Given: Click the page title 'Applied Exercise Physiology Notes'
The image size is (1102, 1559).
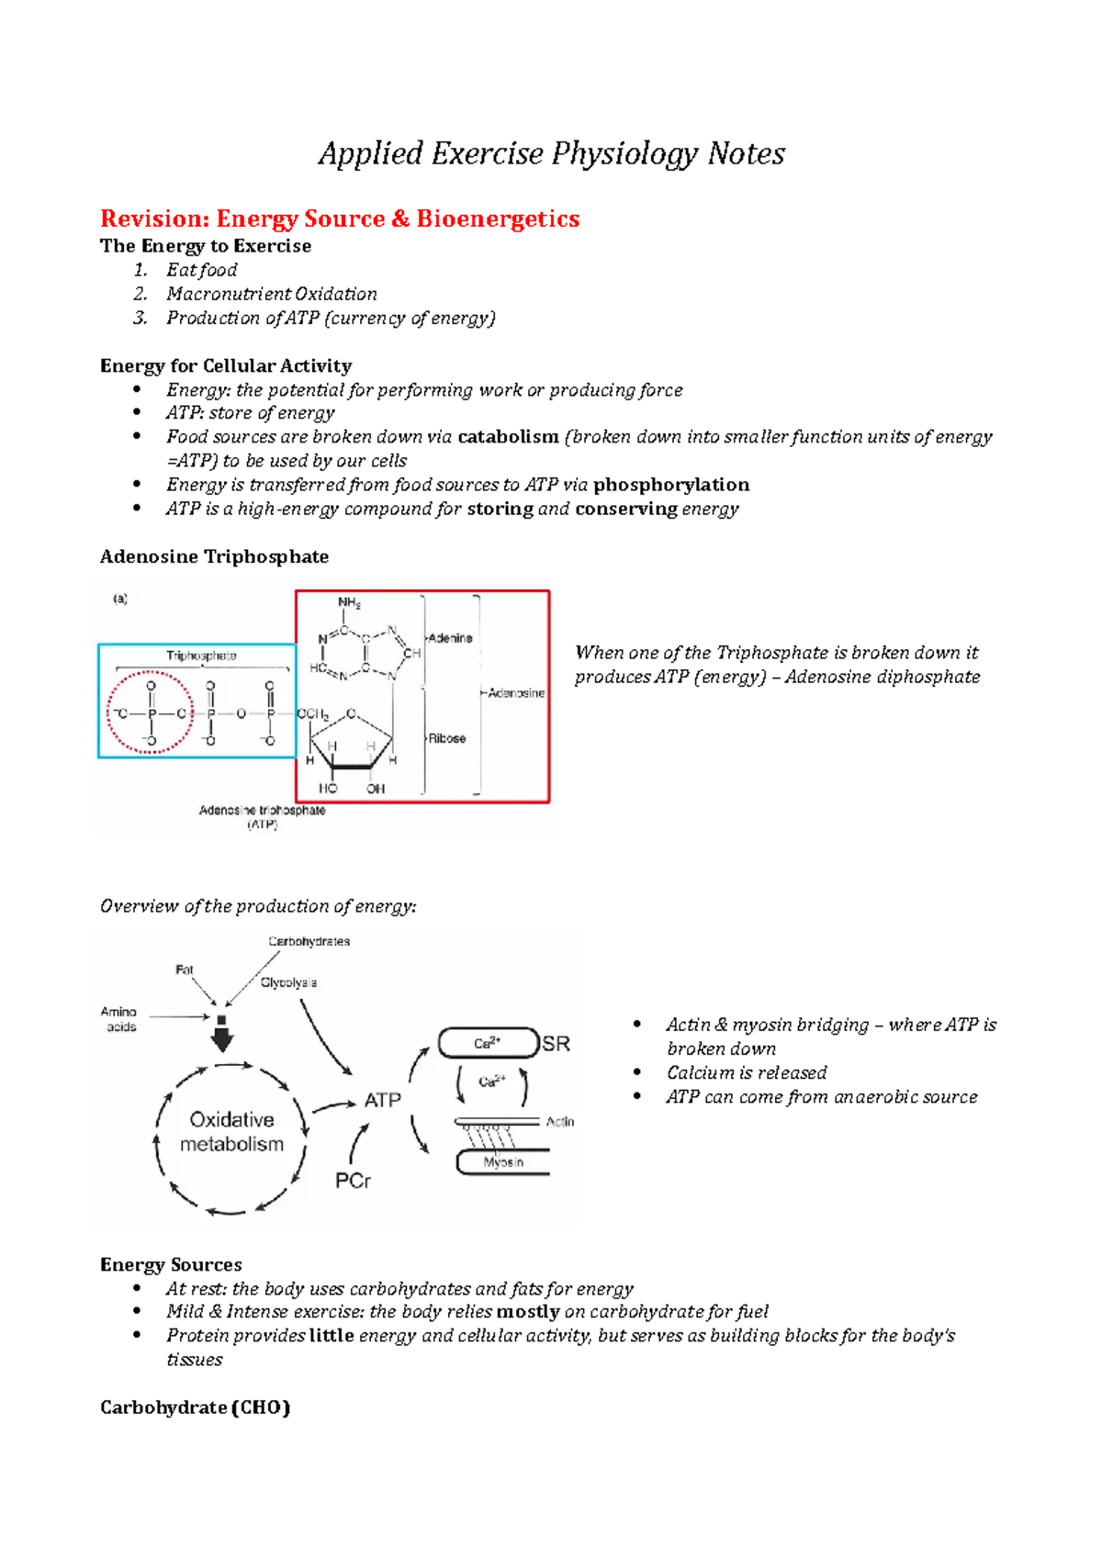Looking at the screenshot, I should pos(551,153).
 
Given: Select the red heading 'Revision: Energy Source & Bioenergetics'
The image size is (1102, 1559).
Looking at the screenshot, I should pos(340,219).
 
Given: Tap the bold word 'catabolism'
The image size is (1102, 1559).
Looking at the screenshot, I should pos(508,437).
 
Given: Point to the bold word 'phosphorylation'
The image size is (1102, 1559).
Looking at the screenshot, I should pos(671,485).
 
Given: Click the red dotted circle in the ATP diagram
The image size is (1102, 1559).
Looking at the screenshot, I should pos(151,713).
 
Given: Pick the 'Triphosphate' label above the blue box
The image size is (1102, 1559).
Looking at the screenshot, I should pos(201,656).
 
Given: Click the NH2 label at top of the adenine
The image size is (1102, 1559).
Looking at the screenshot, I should pos(349,603).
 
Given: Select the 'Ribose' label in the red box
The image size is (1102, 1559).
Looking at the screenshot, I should pos(447,738).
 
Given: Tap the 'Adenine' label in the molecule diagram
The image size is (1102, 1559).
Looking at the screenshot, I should pos(451,638).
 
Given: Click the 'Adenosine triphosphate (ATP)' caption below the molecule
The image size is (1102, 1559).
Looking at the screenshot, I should pos(262,817).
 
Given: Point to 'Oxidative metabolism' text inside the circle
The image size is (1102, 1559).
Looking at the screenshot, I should pos(231,1132).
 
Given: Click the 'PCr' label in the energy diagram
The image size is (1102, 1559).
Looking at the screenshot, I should pos(353,1181).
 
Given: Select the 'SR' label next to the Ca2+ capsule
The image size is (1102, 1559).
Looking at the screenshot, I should pos(556,1044).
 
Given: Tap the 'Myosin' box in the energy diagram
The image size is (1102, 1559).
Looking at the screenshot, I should pos(503,1162).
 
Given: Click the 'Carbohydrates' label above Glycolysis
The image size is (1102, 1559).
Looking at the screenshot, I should pos(309,942).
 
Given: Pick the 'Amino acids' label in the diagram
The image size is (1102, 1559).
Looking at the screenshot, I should pos(119,1019).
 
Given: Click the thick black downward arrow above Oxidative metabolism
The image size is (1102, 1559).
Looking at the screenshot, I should pos(222,1037).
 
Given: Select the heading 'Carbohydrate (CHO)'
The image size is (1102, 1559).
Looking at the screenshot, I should pos(195,1408).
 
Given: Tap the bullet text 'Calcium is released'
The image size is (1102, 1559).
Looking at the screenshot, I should pos(747,1073).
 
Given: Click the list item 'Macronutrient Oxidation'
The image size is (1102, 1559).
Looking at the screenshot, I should pos(271,295).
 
